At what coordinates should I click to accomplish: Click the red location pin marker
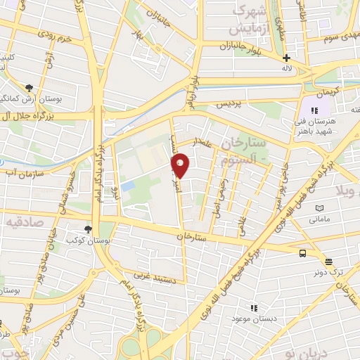pyautogui.click(x=181, y=166)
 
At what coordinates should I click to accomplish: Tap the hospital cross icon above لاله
pyautogui.click(x=285, y=58)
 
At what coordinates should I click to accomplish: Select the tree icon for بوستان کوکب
pyautogui.click(x=88, y=229)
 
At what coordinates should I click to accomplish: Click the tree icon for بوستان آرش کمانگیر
pyautogui.click(x=30, y=88)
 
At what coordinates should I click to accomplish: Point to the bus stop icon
pyautogui.click(x=302, y=253)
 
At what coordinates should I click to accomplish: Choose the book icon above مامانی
pyautogui.click(x=320, y=209)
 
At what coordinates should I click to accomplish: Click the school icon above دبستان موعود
pyautogui.click(x=255, y=307)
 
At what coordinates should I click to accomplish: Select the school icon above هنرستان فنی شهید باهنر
pyautogui.click(x=315, y=110)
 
